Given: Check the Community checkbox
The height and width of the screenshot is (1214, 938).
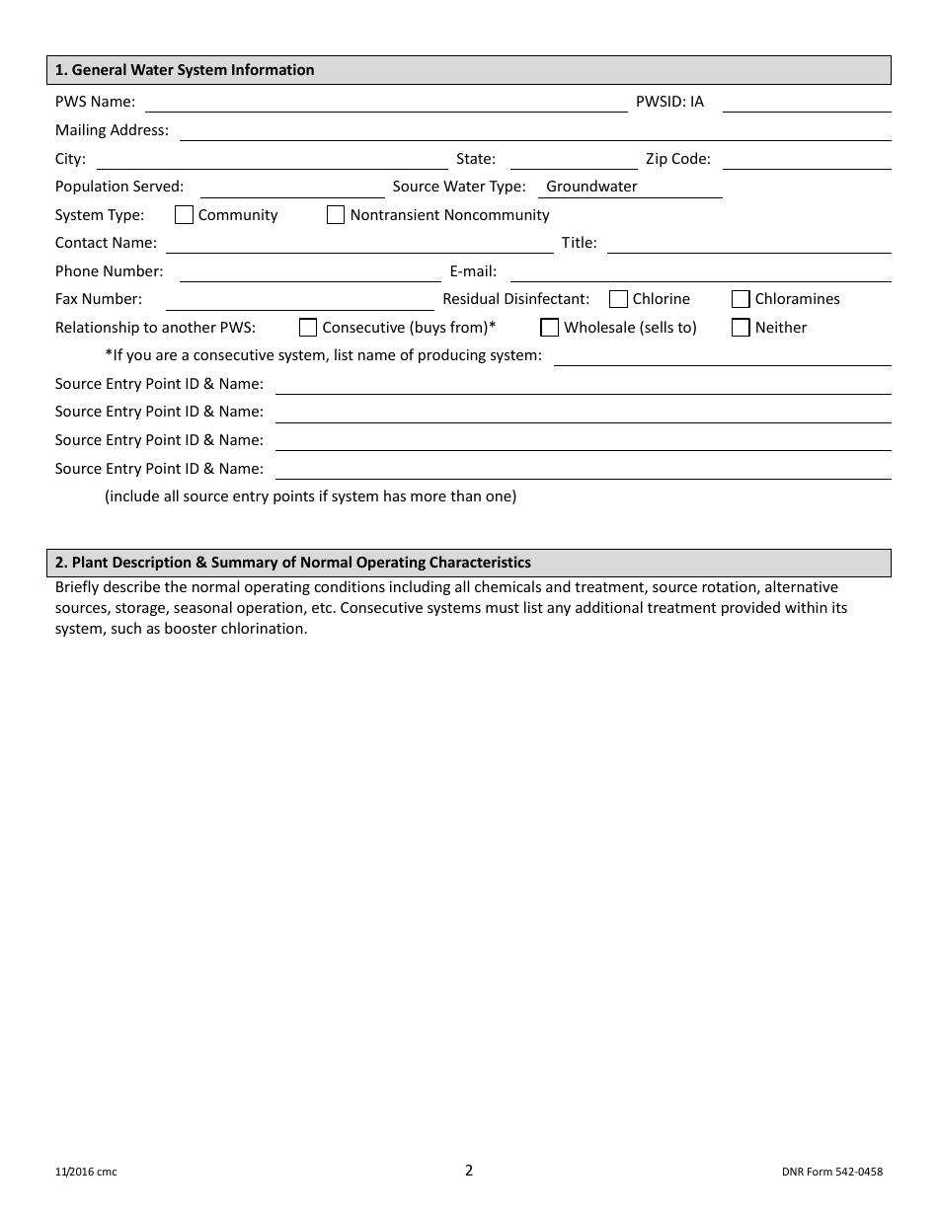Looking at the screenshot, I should point(184,214).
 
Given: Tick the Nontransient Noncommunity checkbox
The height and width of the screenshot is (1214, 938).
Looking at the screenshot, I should point(336,214).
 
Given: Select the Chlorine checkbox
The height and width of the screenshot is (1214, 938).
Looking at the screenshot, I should point(618,299).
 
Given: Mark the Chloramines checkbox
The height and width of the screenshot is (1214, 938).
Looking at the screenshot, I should point(741,299).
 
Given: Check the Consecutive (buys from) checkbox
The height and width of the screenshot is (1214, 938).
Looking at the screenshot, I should point(308,328).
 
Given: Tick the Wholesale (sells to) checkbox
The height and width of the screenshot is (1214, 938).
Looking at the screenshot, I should point(550,328).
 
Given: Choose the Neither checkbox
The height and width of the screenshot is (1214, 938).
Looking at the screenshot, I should point(741,328).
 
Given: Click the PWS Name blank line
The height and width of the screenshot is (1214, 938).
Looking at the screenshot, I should point(385,103).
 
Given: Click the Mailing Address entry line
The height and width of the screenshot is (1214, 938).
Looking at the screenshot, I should point(534,131).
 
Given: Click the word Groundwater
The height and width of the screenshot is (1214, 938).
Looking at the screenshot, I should point(591,187).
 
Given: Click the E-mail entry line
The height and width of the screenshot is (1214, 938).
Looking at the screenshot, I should point(700,272).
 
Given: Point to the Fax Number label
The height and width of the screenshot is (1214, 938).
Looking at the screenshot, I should point(99,299).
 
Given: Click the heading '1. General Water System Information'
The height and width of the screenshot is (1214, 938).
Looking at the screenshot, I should point(185,70).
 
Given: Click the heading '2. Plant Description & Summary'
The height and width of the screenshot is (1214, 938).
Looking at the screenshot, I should point(293,563).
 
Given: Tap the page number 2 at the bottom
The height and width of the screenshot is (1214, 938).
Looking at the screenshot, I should point(469,1171).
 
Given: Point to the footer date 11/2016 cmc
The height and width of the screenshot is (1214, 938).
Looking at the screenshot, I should point(86,1173).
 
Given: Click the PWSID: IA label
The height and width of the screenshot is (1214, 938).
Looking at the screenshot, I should point(669,102).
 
